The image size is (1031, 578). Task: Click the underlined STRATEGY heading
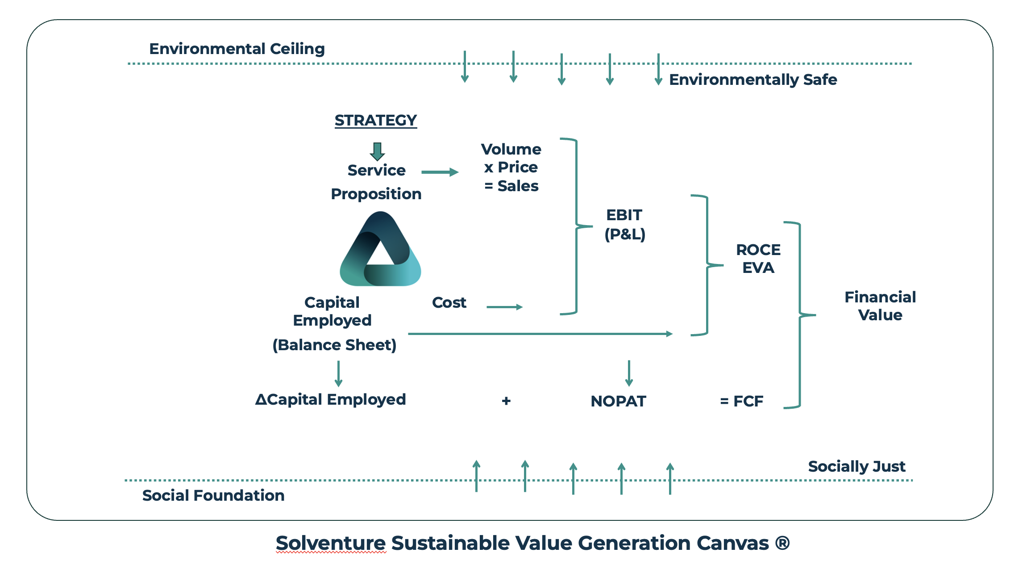[375, 121]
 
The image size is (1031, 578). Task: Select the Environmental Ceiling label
[237, 49]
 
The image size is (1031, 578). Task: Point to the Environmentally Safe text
[752, 80]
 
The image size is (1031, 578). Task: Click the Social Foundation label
[213, 495]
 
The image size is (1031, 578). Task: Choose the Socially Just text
[856, 466]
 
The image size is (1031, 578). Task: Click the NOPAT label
[618, 401]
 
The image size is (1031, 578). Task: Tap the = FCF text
[741, 401]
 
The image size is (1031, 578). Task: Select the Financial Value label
[880, 306]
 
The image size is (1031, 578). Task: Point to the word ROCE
[758, 250]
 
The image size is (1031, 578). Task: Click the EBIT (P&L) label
[624, 224]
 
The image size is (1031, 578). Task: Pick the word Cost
[449, 303]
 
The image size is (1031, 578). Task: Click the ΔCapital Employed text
[330, 399]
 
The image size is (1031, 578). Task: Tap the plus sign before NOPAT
[506, 401]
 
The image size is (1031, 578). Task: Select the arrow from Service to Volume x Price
[440, 172]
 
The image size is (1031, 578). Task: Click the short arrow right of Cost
[504, 307]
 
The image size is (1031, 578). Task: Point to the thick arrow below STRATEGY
[377, 151]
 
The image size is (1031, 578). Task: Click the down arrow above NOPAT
[629, 373]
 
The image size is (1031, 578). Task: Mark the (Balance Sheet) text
[334, 345]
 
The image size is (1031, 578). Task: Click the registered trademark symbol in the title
[782, 543]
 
